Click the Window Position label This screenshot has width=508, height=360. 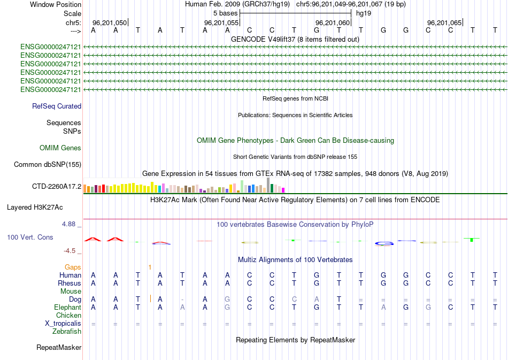(x=56, y=4)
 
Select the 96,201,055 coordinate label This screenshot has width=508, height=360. (x=221, y=22)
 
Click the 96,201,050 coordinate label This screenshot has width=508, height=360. (x=110, y=22)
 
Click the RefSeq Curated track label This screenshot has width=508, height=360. (x=57, y=106)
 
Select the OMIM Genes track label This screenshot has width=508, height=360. (x=60, y=148)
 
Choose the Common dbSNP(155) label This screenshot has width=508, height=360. (x=47, y=164)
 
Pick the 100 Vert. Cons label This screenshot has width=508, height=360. (x=30, y=237)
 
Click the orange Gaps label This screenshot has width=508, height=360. (x=73, y=267)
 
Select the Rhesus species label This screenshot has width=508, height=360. (x=70, y=283)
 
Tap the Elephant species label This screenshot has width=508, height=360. (x=67, y=307)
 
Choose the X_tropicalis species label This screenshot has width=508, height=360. (x=63, y=323)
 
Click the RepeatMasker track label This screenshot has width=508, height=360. (x=59, y=348)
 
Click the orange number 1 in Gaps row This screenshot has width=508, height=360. (x=150, y=267)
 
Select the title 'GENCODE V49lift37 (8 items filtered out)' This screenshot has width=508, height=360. (x=295, y=39)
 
